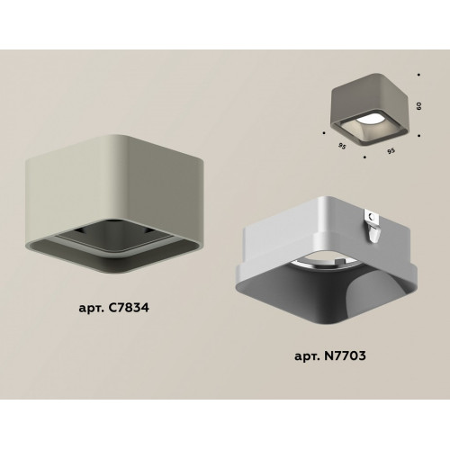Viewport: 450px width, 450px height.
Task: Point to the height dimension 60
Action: pos(419,106)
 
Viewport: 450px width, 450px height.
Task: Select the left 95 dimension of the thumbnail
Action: pos(342,147)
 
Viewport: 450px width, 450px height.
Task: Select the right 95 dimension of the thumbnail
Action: pos(391,151)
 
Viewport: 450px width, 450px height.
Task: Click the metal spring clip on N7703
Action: pos(372,225)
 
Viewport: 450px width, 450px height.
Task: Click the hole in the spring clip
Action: pos(372,216)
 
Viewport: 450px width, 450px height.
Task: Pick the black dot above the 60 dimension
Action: pos(418,75)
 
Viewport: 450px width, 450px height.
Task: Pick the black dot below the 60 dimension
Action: pos(419,136)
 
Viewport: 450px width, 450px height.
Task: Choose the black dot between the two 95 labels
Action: pos(364,157)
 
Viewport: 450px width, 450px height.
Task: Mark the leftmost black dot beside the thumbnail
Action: pos(324,132)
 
